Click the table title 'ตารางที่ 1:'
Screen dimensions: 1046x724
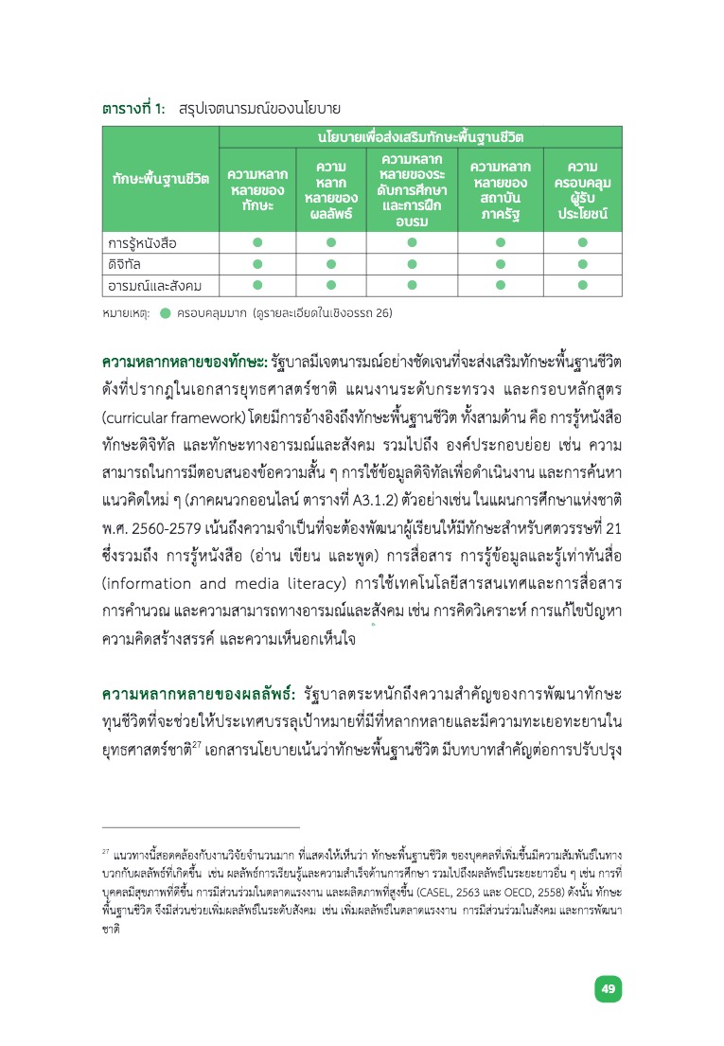point(134,109)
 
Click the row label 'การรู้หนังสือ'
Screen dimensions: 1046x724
point(142,243)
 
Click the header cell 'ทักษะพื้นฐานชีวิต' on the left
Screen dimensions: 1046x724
point(160,179)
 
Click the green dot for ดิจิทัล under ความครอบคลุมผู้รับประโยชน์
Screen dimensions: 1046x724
point(582,264)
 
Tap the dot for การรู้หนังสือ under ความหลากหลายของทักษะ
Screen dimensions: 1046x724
point(256,243)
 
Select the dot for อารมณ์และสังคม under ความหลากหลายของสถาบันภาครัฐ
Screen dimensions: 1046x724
point(500,285)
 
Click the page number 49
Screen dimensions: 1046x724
point(609,989)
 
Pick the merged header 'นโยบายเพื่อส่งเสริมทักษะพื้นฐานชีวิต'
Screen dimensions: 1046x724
point(420,137)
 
